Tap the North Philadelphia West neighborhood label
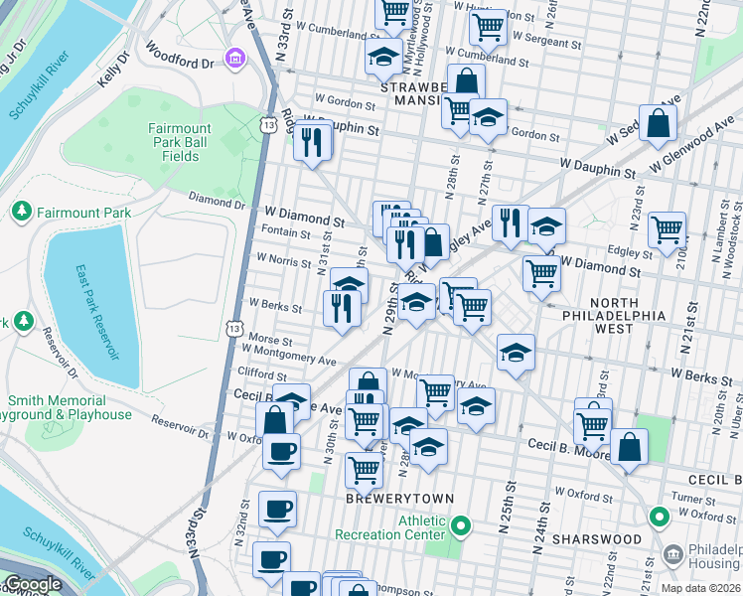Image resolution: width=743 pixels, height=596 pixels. (628, 315)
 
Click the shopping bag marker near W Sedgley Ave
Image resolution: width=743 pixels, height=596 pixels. (658, 123)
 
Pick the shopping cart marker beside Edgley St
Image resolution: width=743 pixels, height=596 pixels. (667, 229)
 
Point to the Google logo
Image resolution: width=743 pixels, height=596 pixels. (33, 585)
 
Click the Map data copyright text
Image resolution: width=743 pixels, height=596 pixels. (700, 588)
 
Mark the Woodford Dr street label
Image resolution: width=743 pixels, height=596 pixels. (179, 55)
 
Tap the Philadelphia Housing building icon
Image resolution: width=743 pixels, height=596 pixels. (673, 552)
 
